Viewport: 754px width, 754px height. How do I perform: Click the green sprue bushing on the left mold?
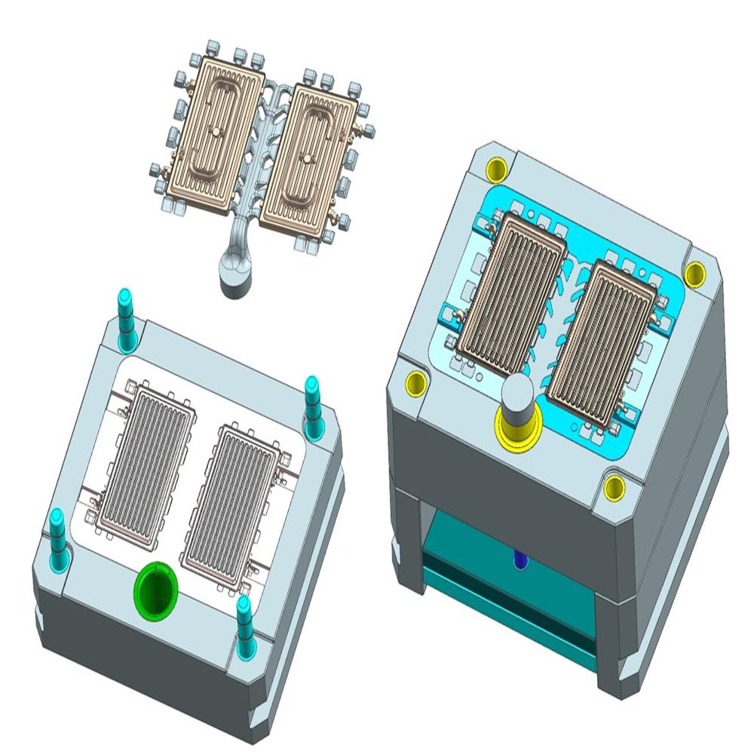pyautogui.click(x=156, y=588)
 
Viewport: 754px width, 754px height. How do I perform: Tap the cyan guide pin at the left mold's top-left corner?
pyautogui.click(x=127, y=320)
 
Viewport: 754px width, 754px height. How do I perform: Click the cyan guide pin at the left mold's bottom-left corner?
pyautogui.click(x=57, y=537)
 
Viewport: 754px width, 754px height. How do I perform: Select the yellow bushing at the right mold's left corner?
pyautogui.click(x=415, y=381)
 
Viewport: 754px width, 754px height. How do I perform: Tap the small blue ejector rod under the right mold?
pyautogui.click(x=519, y=560)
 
